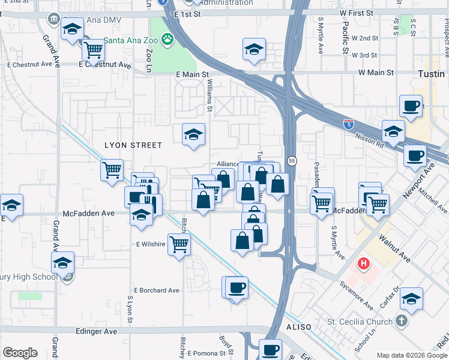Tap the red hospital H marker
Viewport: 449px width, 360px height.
tap(363, 263)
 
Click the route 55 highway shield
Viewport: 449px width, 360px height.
tap(292, 161)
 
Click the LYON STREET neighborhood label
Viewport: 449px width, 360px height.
tap(133, 145)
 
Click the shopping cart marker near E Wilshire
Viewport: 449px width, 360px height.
tap(179, 244)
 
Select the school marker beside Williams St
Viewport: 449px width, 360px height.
tap(194, 134)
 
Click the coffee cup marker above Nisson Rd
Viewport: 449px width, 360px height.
tap(412, 106)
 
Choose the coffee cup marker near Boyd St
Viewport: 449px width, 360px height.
tap(237, 287)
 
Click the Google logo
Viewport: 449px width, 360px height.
tap(20, 353)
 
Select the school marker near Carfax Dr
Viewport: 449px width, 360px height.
tap(412, 298)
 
